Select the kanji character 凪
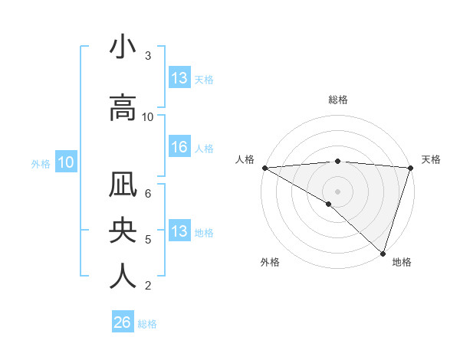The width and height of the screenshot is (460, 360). coord(123,185)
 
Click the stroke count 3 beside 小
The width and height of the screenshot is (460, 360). coord(148,56)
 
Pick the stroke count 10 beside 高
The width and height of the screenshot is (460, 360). coord(148,117)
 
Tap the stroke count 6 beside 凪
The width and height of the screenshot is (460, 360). coord(148,193)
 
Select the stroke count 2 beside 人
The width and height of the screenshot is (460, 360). coord(148,286)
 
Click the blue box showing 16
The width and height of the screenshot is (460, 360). coord(179,147)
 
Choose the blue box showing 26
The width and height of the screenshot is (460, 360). coord(123,322)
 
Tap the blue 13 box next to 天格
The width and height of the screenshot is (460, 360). coord(179,77)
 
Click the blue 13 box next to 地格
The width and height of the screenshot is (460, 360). coord(179,231)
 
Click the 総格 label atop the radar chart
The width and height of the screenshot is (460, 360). coord(338,100)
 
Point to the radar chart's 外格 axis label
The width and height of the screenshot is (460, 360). coord(270,262)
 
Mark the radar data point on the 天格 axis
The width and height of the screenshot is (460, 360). coord(411,168)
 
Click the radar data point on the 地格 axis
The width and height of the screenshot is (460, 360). coord(383,253)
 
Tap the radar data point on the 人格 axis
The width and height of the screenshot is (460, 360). coord(264,168)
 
